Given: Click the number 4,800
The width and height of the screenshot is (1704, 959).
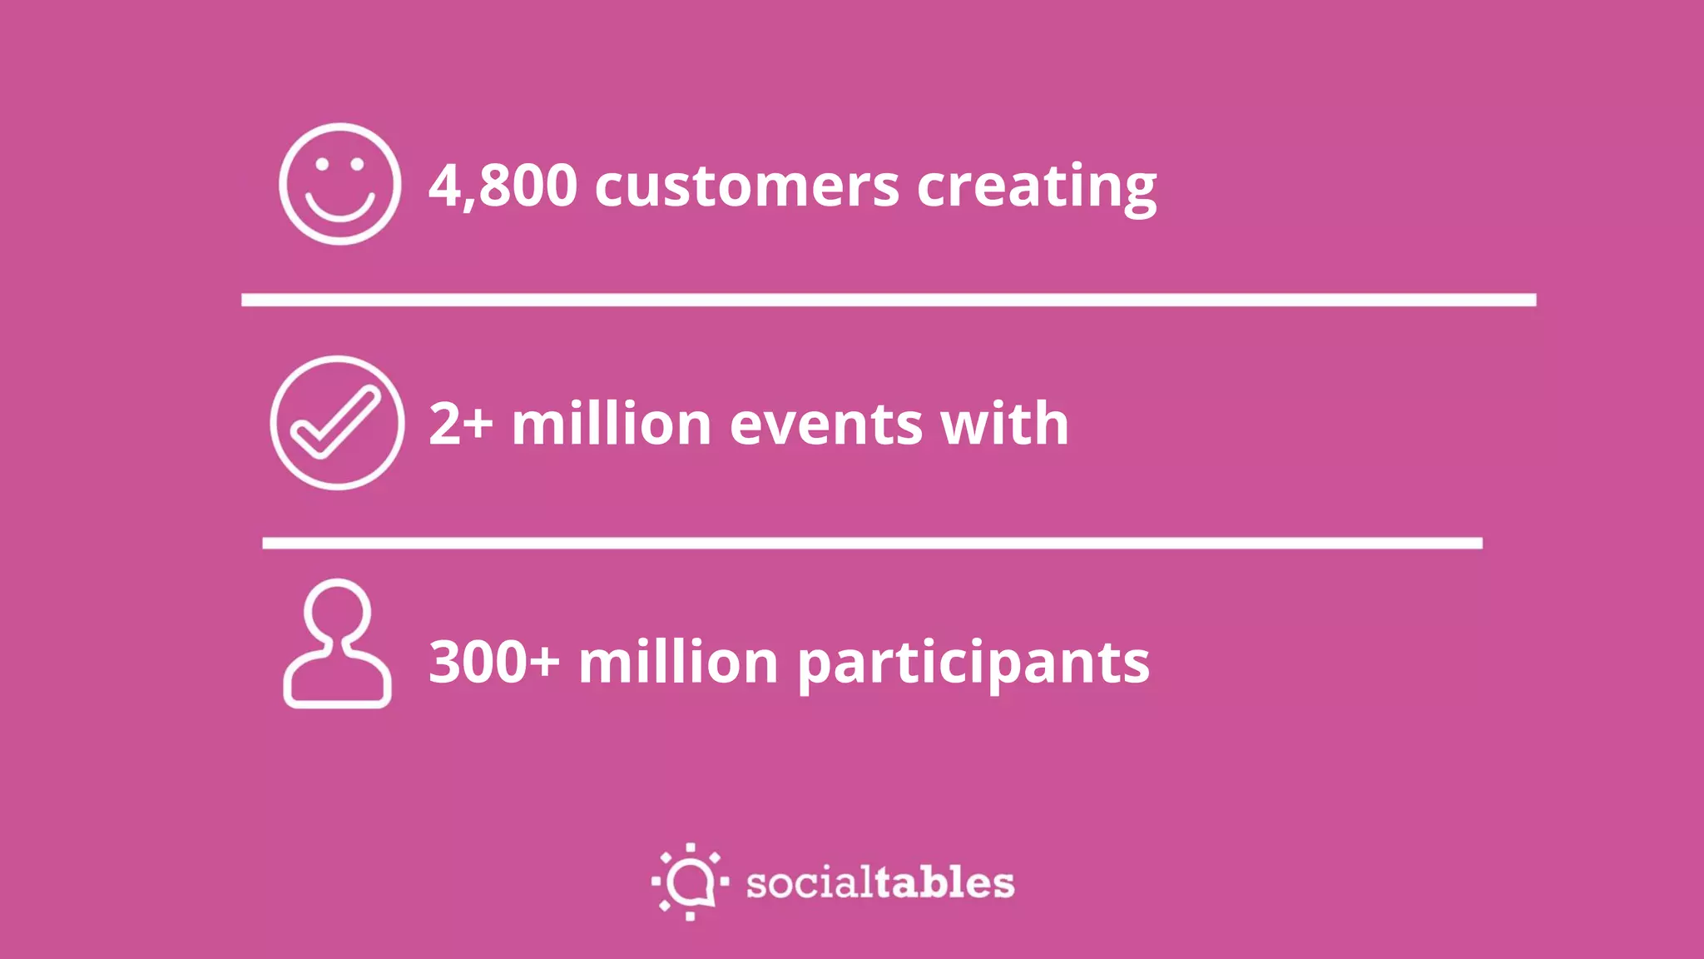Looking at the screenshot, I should coord(503,185).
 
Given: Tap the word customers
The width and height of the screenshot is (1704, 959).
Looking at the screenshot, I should coord(746,186).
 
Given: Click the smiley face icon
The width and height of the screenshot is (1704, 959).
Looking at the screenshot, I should coord(339,184).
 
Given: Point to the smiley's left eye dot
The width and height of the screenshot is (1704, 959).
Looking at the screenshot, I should coord(321,164).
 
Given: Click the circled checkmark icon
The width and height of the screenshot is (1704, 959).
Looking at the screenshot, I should coord(337,423).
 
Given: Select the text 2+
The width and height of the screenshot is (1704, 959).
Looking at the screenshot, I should coord(460,424).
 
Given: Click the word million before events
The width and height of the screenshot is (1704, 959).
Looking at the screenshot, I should coord(611,424).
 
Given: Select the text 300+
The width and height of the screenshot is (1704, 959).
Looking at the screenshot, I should coord(493,662).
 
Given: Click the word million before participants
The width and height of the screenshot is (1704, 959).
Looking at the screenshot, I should coord(678,662).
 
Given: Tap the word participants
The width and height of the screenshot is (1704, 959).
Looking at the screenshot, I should coord(973,663).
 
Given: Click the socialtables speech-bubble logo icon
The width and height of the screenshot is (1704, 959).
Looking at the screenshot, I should coord(690,881).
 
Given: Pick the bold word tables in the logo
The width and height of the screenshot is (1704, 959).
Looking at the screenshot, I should coord(944,882).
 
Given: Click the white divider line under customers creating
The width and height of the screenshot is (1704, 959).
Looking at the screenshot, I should coord(889,300).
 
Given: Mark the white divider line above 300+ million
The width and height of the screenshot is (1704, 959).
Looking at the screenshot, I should coord(872,543).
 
